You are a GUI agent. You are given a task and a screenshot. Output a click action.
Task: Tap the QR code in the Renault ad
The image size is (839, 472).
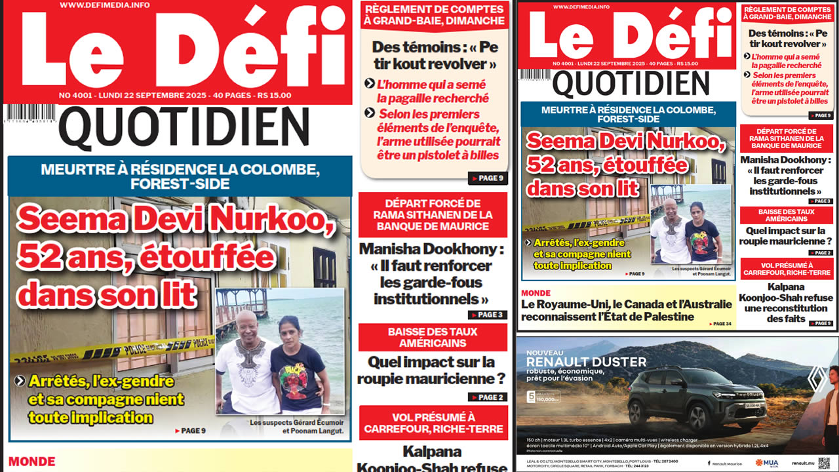click(x=823, y=462)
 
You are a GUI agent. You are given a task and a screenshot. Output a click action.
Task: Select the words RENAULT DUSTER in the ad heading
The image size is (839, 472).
click(x=586, y=362)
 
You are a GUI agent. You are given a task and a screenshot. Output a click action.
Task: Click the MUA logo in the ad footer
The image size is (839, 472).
click(x=768, y=463)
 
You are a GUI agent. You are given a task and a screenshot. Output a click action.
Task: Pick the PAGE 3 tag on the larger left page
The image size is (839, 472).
click(x=488, y=315)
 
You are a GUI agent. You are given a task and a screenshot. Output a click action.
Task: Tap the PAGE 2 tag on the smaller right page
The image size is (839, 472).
click(x=819, y=252)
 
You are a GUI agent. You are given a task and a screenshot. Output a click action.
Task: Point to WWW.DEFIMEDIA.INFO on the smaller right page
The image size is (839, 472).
click(x=581, y=7)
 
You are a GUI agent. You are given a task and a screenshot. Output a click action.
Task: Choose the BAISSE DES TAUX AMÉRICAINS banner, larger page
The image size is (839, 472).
click(x=433, y=338)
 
